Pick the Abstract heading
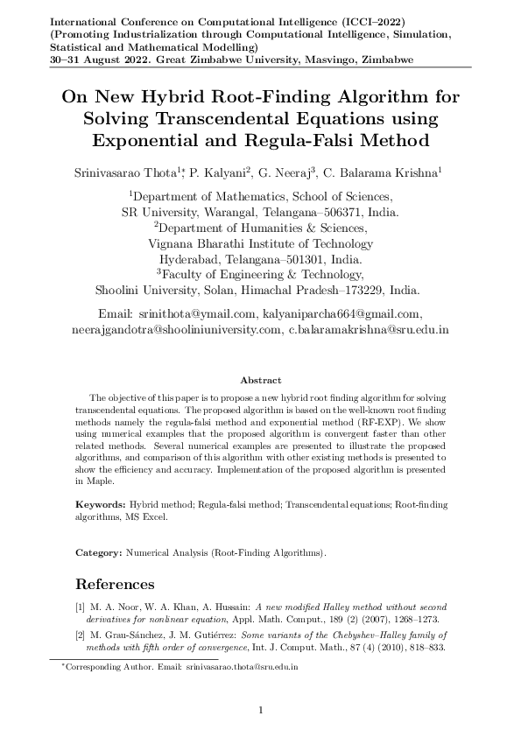[x=260, y=380]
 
